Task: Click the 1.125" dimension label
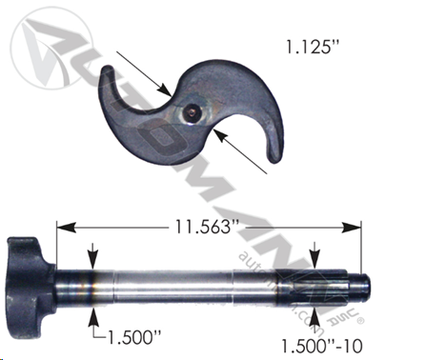click(x=313, y=47)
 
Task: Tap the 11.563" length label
click(x=207, y=227)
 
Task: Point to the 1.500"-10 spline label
click(x=322, y=346)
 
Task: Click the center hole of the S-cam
click(x=192, y=112)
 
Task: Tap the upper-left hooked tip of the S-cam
click(x=109, y=70)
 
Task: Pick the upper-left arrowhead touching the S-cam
click(x=165, y=90)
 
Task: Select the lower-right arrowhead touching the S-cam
click(x=220, y=135)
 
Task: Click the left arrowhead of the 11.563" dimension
click(x=66, y=228)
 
